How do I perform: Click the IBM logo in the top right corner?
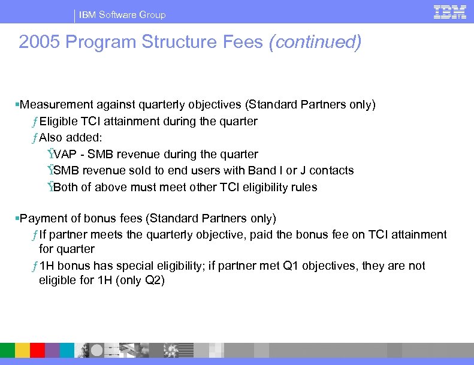tap(450, 12)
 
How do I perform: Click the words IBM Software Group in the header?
tap(123, 14)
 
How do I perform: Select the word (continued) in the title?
tap(315, 43)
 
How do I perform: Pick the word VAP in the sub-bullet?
tap(65, 155)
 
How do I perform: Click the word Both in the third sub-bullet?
tap(66, 187)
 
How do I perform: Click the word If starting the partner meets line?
tap(44, 234)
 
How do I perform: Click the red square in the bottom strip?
tap(37, 350)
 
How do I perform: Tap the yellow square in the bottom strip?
tap(22, 350)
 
